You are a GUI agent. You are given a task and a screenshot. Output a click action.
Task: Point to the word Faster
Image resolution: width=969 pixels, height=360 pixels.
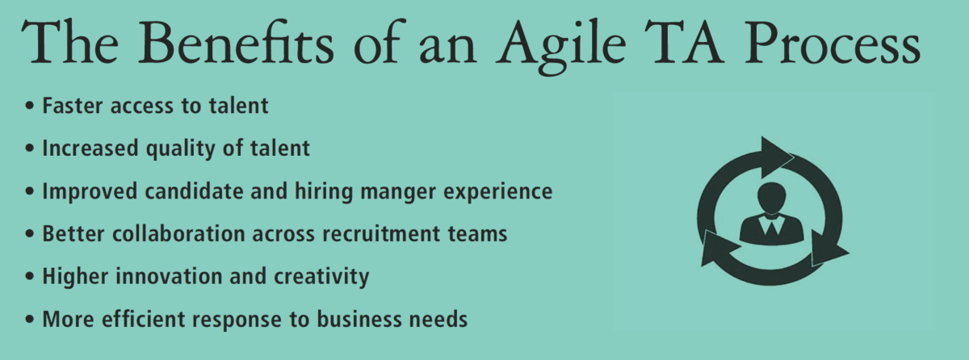73,106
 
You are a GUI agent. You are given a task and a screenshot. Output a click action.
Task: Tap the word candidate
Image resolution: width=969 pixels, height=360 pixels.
195,191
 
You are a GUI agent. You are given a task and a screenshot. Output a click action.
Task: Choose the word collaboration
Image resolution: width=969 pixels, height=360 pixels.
178,234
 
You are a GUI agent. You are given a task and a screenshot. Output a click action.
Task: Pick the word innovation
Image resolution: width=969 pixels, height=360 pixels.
169,276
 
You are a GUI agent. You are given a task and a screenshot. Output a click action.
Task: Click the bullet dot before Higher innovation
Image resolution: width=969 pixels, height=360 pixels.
29,276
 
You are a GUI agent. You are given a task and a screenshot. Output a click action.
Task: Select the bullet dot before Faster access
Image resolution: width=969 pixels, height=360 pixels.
29,106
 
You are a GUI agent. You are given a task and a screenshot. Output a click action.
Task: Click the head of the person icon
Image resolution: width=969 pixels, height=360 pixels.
772,198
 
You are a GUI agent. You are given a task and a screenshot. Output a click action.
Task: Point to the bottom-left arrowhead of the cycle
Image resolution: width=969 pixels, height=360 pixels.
717,248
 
